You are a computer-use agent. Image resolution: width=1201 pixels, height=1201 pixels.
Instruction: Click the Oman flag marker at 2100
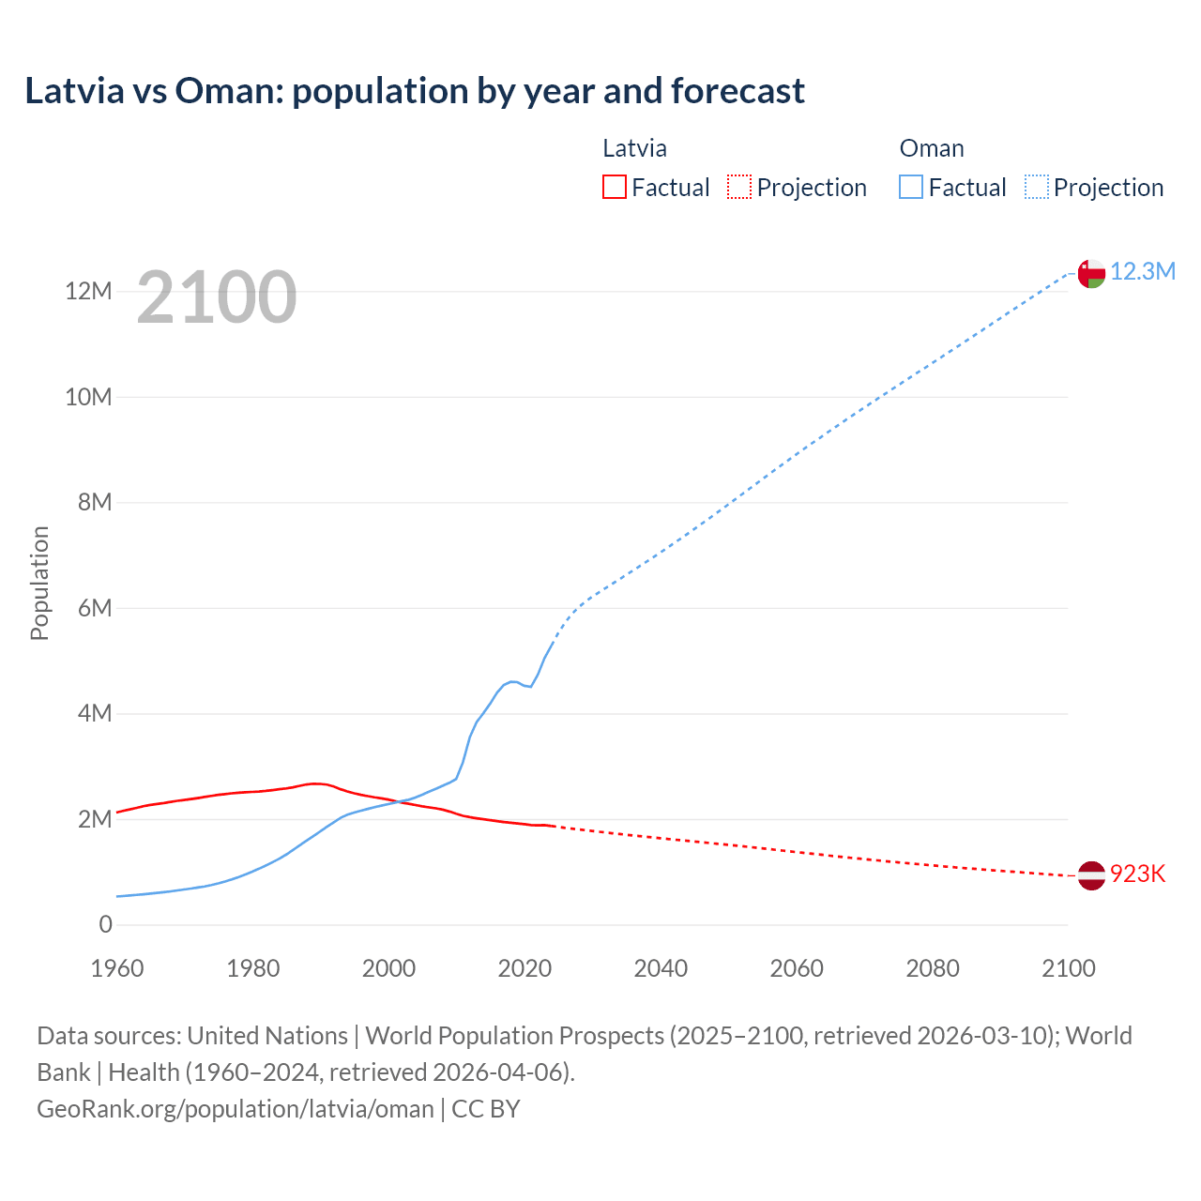click(1091, 273)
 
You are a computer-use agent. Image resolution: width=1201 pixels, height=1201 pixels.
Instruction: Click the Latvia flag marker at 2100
click(1091, 875)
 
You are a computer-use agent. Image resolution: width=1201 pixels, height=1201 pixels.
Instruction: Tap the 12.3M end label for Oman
click(1143, 272)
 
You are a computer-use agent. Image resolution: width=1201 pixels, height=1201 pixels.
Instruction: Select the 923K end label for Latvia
click(1137, 874)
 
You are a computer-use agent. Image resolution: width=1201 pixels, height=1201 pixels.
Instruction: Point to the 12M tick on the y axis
click(88, 292)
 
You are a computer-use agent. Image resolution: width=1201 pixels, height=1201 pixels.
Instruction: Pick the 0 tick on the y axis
click(105, 925)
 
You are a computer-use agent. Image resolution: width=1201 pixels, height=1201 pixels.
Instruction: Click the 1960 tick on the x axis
click(117, 968)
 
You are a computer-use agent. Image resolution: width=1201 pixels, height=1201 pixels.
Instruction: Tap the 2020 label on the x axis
click(524, 968)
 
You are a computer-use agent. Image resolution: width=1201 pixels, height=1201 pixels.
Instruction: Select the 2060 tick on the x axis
click(797, 968)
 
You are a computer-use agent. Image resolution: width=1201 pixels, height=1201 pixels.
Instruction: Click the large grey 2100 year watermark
click(217, 298)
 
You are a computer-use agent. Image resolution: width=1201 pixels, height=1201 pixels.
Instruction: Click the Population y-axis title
click(39, 583)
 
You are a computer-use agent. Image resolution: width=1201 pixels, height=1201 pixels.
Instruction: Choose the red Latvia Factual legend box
click(614, 188)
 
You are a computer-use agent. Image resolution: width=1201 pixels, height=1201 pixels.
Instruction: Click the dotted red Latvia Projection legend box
click(739, 188)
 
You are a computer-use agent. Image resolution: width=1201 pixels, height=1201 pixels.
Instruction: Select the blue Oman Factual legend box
click(910, 188)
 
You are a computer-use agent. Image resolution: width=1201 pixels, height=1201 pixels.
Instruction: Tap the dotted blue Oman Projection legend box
click(1036, 188)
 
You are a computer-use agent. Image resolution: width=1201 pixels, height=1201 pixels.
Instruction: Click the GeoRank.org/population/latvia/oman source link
click(236, 1109)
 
